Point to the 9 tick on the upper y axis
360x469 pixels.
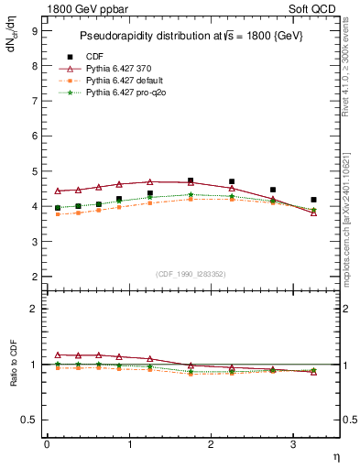pos(34,31)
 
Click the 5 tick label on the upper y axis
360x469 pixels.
pos(34,171)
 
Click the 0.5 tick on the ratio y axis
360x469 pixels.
pos(30,420)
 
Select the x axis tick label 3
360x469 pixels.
pos(292,445)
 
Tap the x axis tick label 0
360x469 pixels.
pos(47,445)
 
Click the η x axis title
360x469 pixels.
pos(335,455)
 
